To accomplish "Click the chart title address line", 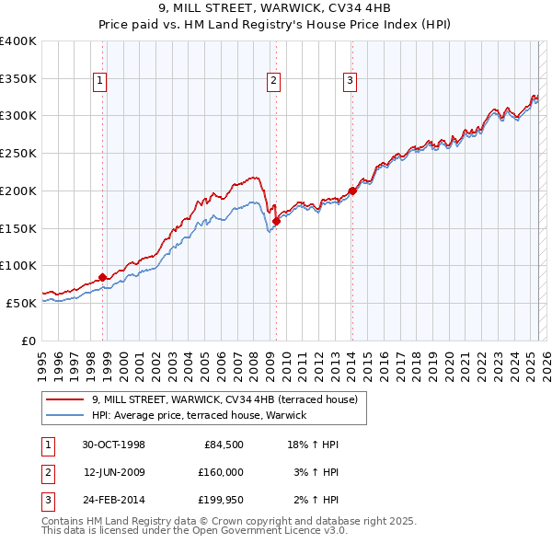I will [x=276, y=9].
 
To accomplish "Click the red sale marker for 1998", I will [x=102, y=277].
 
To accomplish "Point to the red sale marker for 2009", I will [x=276, y=221].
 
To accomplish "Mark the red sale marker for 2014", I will [x=352, y=191].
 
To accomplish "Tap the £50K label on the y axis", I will [x=21, y=302].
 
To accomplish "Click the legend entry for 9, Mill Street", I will [x=230, y=399].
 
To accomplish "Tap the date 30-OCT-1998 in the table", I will [x=113, y=445].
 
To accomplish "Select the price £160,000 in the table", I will [x=221, y=472].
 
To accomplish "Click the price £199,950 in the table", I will [x=221, y=500].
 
